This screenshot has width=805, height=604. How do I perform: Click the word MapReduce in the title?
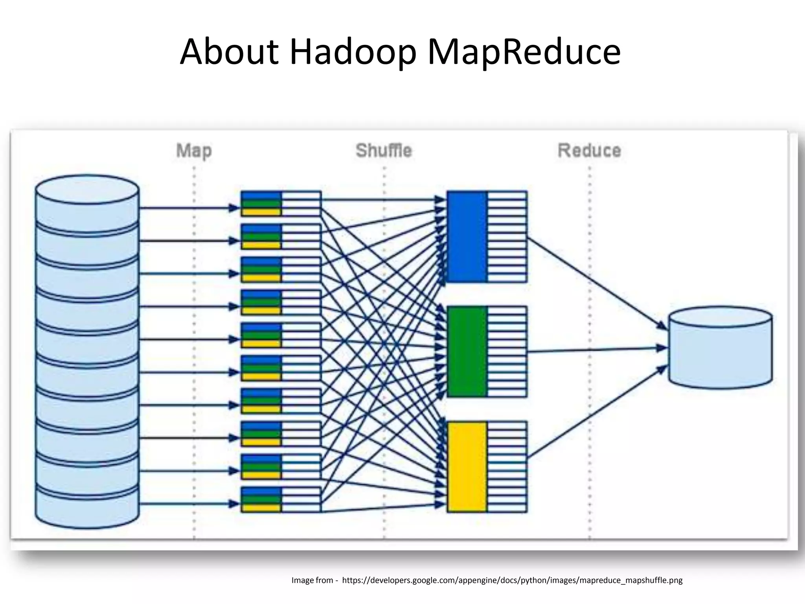524,52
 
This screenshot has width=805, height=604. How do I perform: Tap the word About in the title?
229,52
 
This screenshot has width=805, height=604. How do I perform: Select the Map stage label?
194,151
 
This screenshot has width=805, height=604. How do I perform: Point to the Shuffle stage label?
384,151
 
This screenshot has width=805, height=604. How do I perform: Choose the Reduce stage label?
589,151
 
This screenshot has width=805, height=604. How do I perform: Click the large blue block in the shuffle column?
467,236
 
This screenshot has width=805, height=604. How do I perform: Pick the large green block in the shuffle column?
467,352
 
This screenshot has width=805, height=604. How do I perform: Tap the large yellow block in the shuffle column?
467,467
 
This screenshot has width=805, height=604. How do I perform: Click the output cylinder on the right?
720,348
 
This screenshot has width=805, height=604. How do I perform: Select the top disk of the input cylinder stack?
87,204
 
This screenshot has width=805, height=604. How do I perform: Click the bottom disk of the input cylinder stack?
87,505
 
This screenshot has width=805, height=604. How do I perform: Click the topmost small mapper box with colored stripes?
281,204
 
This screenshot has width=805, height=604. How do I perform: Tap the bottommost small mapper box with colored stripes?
281,499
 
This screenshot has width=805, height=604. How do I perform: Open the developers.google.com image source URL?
512,580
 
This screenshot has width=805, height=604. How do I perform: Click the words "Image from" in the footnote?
312,580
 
